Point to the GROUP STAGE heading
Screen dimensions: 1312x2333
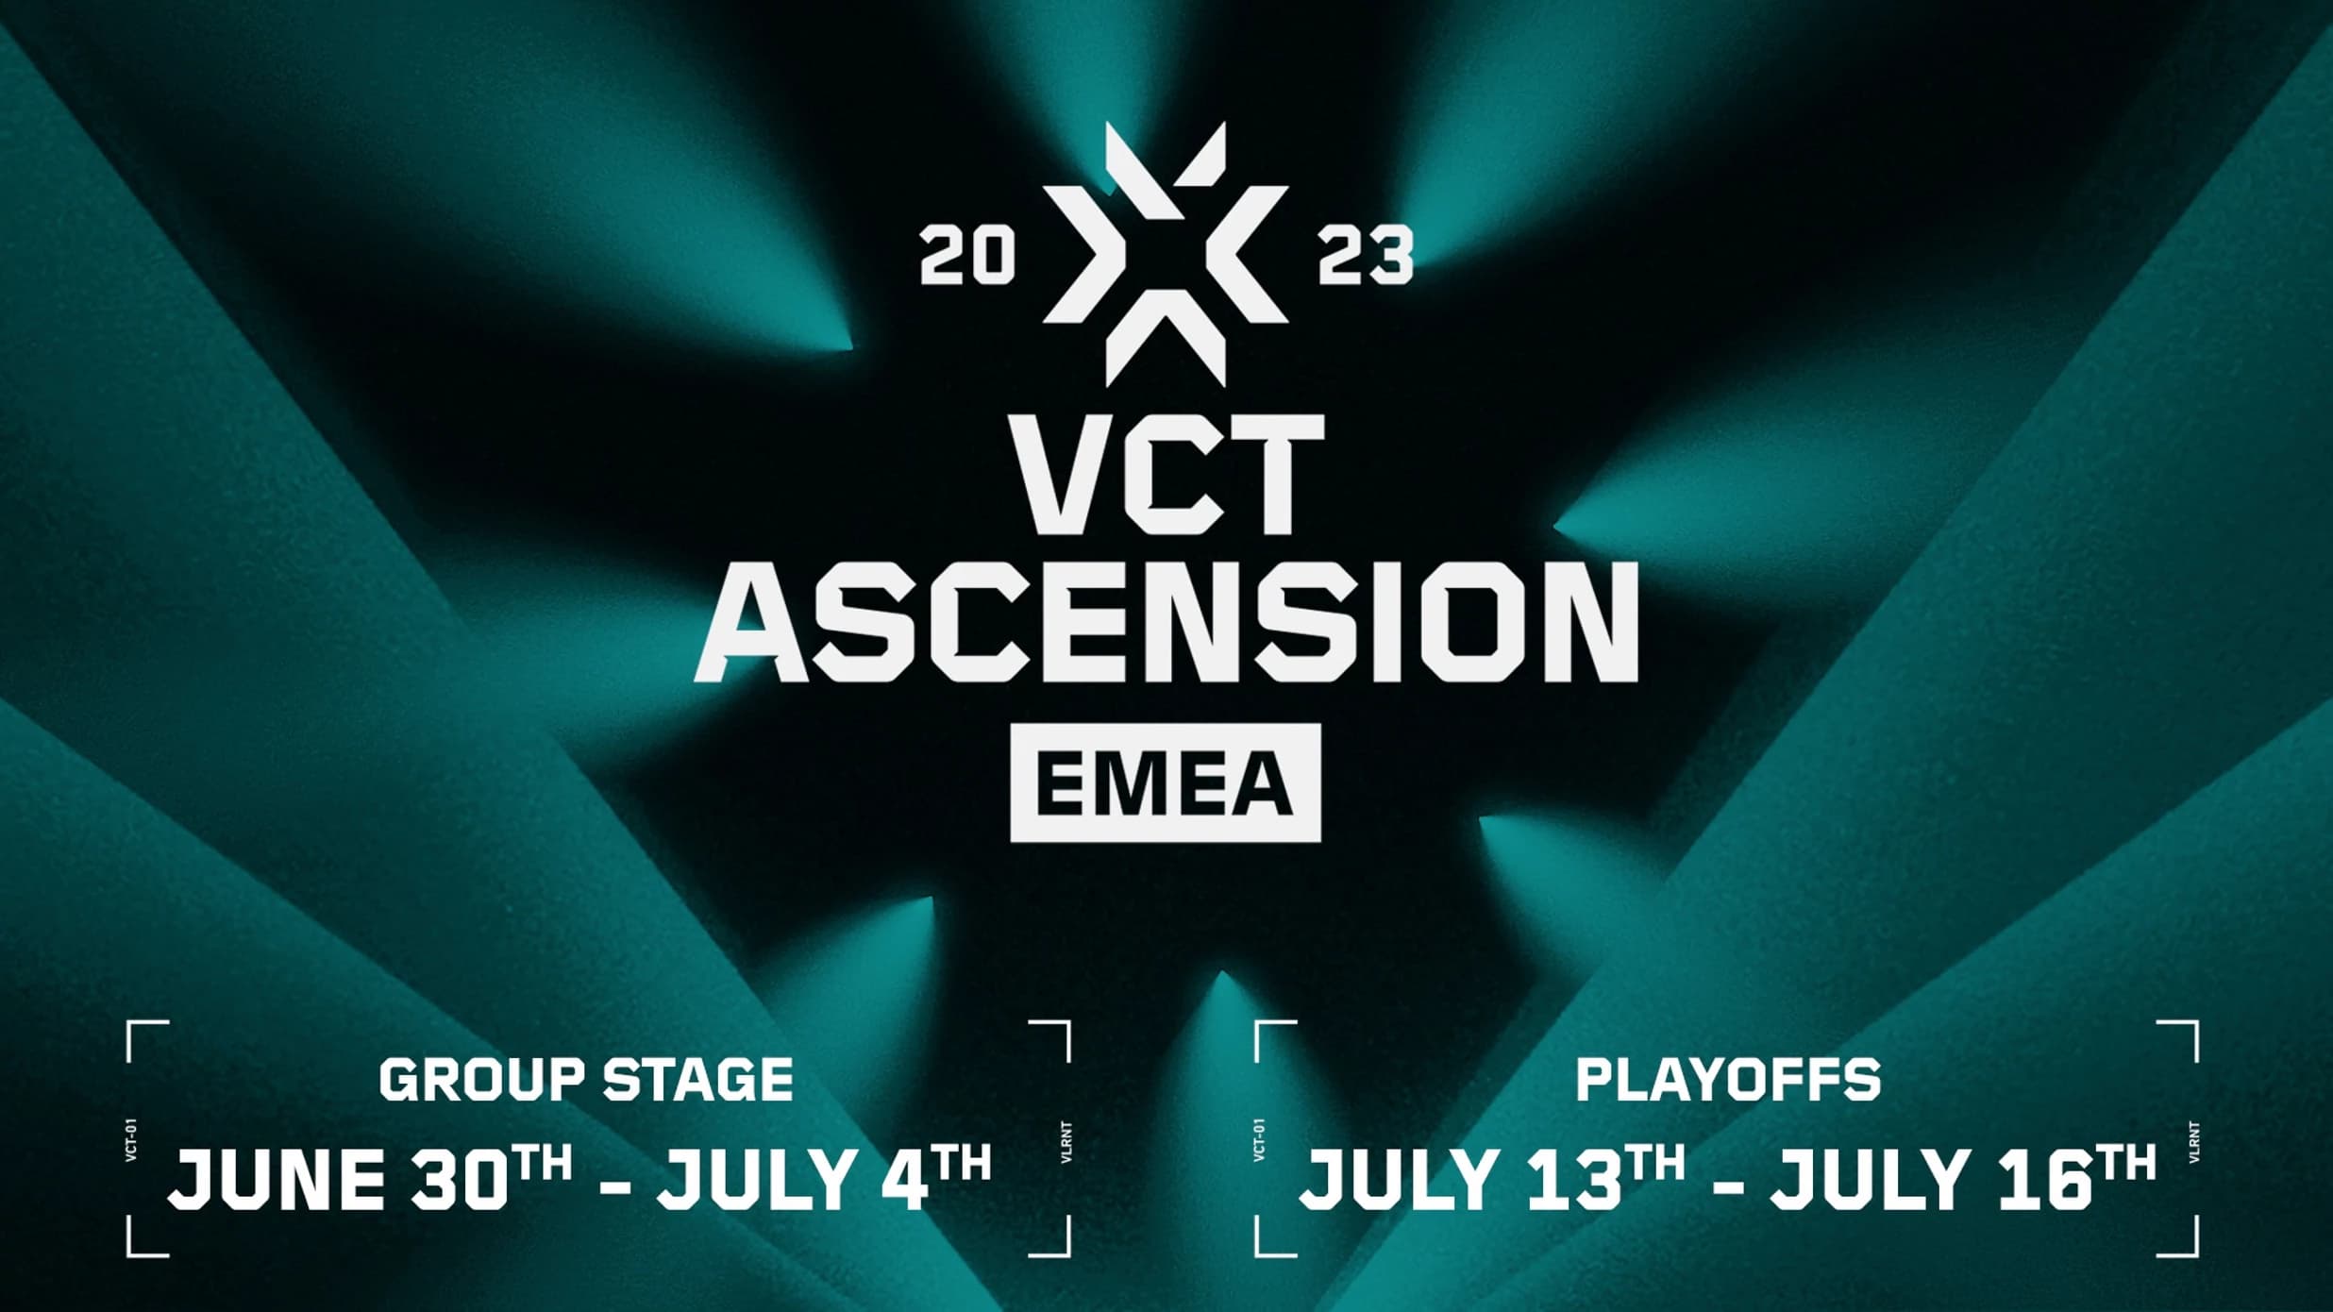click(586, 1080)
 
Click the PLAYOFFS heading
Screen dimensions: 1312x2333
click(1728, 1080)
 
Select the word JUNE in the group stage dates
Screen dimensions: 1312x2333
click(276, 1180)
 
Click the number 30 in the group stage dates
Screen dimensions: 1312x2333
click(457, 1180)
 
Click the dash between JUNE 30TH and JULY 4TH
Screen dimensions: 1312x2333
click(615, 1183)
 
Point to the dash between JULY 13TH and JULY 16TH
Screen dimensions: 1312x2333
click(1727, 1183)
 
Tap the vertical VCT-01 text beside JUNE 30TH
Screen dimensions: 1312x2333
click(131, 1141)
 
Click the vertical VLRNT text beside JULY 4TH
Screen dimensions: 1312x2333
click(1067, 1141)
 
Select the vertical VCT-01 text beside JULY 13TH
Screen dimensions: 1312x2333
click(1259, 1141)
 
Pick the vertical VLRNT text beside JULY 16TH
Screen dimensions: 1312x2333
click(2194, 1141)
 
